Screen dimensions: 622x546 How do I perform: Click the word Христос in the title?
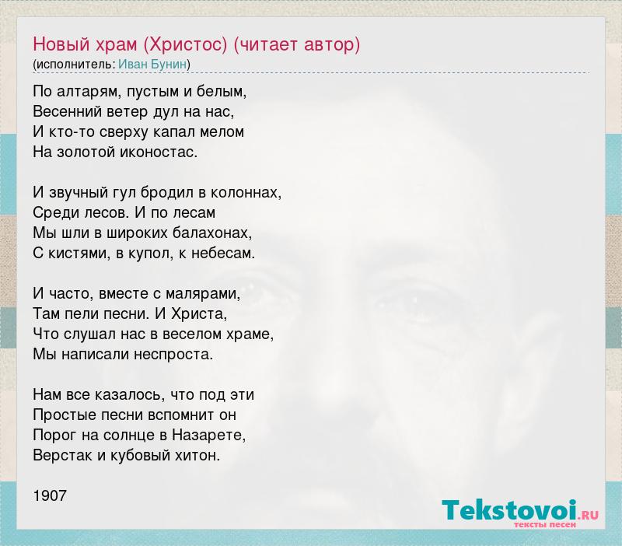pos(185,45)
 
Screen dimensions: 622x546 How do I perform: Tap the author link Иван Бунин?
pos(152,65)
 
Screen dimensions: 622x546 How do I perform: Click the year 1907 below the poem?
pos(50,495)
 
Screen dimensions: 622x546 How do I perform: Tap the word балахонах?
pos(211,233)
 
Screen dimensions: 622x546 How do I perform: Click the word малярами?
pos(201,294)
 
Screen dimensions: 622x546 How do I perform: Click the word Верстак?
pos(63,456)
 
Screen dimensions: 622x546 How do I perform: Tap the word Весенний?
pos(68,112)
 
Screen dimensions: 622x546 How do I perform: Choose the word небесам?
pos(222,253)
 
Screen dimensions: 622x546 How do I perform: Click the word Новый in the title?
pos(61,44)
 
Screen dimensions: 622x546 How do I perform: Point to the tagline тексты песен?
pos(545,524)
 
